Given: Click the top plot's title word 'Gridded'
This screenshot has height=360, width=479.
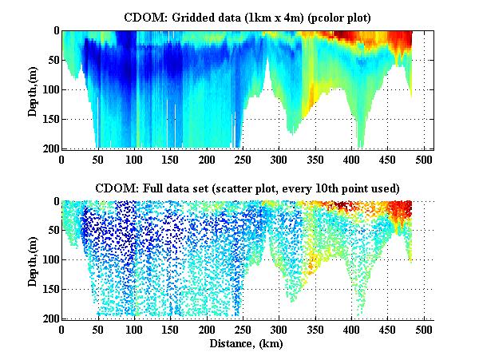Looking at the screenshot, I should (x=188, y=16).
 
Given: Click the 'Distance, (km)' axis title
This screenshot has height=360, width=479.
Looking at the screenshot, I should (x=247, y=342).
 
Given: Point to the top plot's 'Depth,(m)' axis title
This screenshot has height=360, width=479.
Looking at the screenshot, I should (x=33, y=89).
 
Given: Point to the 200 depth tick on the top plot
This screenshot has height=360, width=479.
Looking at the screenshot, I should (x=49, y=148).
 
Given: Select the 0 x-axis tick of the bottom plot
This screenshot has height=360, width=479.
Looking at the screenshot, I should (x=62, y=329).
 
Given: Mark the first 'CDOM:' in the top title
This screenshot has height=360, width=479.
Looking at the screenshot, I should (x=144, y=16).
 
